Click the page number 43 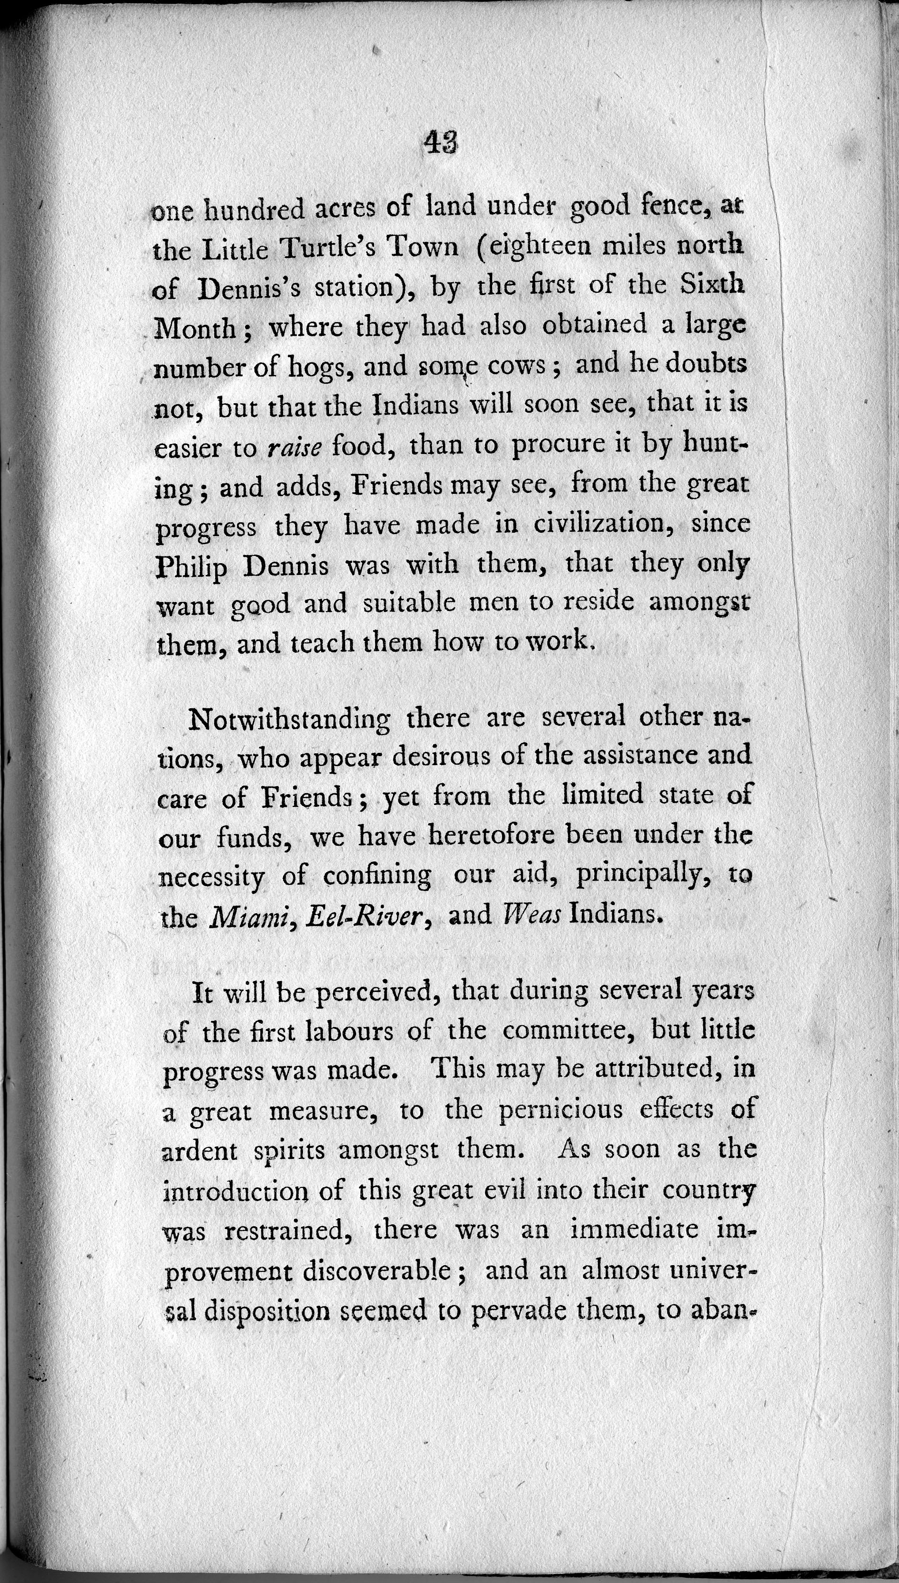pos(440,143)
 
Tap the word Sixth pos(713,284)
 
